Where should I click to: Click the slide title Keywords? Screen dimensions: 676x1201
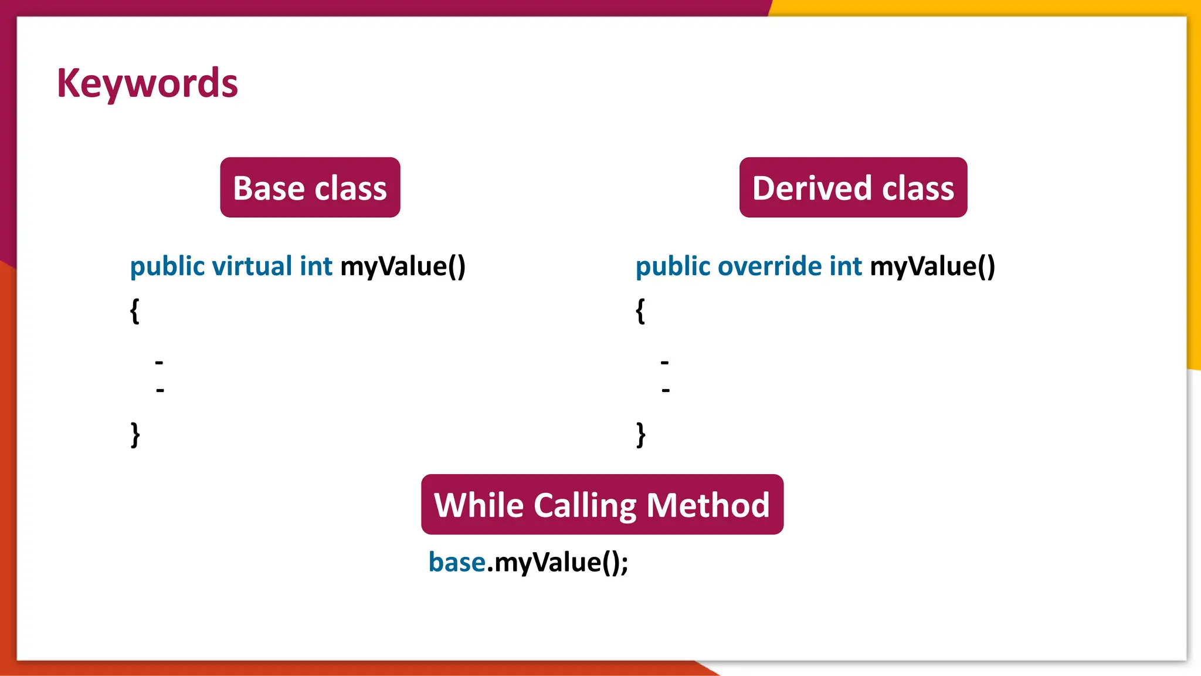point(147,83)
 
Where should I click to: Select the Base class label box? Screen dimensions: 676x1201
point(310,188)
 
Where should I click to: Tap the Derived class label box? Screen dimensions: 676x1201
point(853,188)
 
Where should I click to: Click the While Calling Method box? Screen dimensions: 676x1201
point(602,505)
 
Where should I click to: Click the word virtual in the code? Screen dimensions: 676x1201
point(252,266)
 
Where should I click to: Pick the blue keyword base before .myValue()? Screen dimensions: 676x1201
point(457,562)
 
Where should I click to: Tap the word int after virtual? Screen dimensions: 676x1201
point(316,266)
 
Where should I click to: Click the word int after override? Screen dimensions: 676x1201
point(845,266)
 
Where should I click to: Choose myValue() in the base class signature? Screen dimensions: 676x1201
point(403,266)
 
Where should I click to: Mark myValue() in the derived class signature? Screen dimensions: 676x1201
point(932,266)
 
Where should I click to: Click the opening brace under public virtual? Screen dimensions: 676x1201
point(135,310)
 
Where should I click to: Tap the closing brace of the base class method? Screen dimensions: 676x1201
point(135,435)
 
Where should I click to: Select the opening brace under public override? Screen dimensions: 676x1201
point(640,310)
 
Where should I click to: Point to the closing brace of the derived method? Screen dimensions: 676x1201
point(641,435)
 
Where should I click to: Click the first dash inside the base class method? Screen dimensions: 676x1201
point(159,363)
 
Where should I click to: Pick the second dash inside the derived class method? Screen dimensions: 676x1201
point(666,390)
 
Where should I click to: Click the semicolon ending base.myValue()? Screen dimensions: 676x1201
point(624,565)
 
